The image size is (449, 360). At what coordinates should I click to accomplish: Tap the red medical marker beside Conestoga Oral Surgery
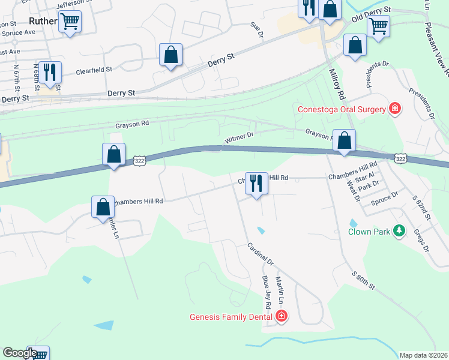click(395, 109)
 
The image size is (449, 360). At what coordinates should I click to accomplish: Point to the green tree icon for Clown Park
click(399, 231)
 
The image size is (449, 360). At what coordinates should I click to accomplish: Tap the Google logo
click(20, 353)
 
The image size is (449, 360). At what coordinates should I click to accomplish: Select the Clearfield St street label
click(94, 70)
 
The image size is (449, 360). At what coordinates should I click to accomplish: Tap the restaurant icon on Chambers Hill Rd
click(256, 182)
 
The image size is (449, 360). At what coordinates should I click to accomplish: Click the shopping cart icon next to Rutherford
click(70, 22)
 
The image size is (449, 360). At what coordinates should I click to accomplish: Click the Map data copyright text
click(423, 355)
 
